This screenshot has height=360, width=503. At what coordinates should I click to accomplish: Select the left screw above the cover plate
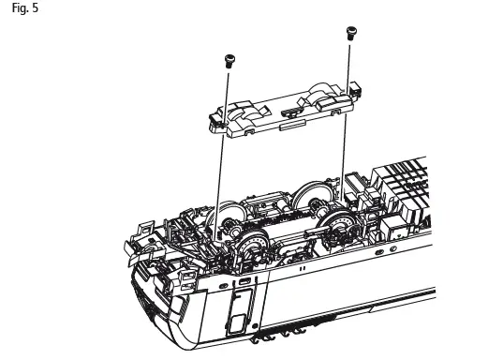point(228,61)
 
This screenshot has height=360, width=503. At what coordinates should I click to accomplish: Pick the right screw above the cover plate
point(351,33)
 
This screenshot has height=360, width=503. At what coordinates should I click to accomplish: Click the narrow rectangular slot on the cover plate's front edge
point(290,122)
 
